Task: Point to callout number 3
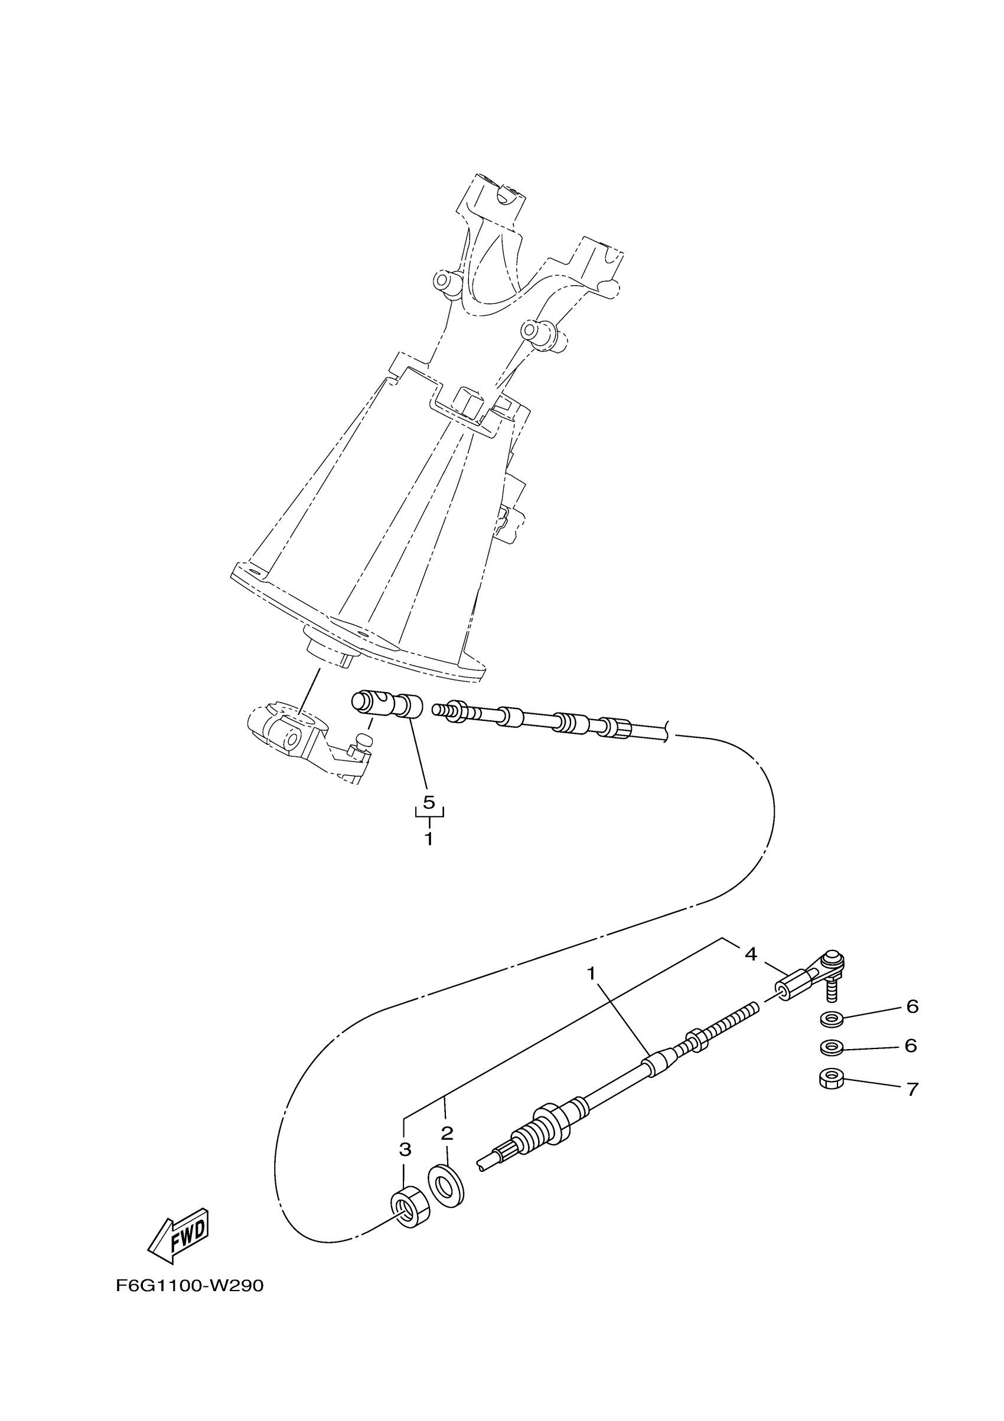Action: [405, 1149]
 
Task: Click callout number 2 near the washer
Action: [447, 1134]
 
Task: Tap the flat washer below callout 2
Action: [445, 1186]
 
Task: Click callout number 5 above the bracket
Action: [429, 802]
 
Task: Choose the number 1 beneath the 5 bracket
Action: [428, 840]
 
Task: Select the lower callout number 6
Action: [911, 1046]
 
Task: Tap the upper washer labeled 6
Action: [829, 1017]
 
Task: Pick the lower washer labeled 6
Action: [829, 1048]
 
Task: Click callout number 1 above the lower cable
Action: [591, 974]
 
